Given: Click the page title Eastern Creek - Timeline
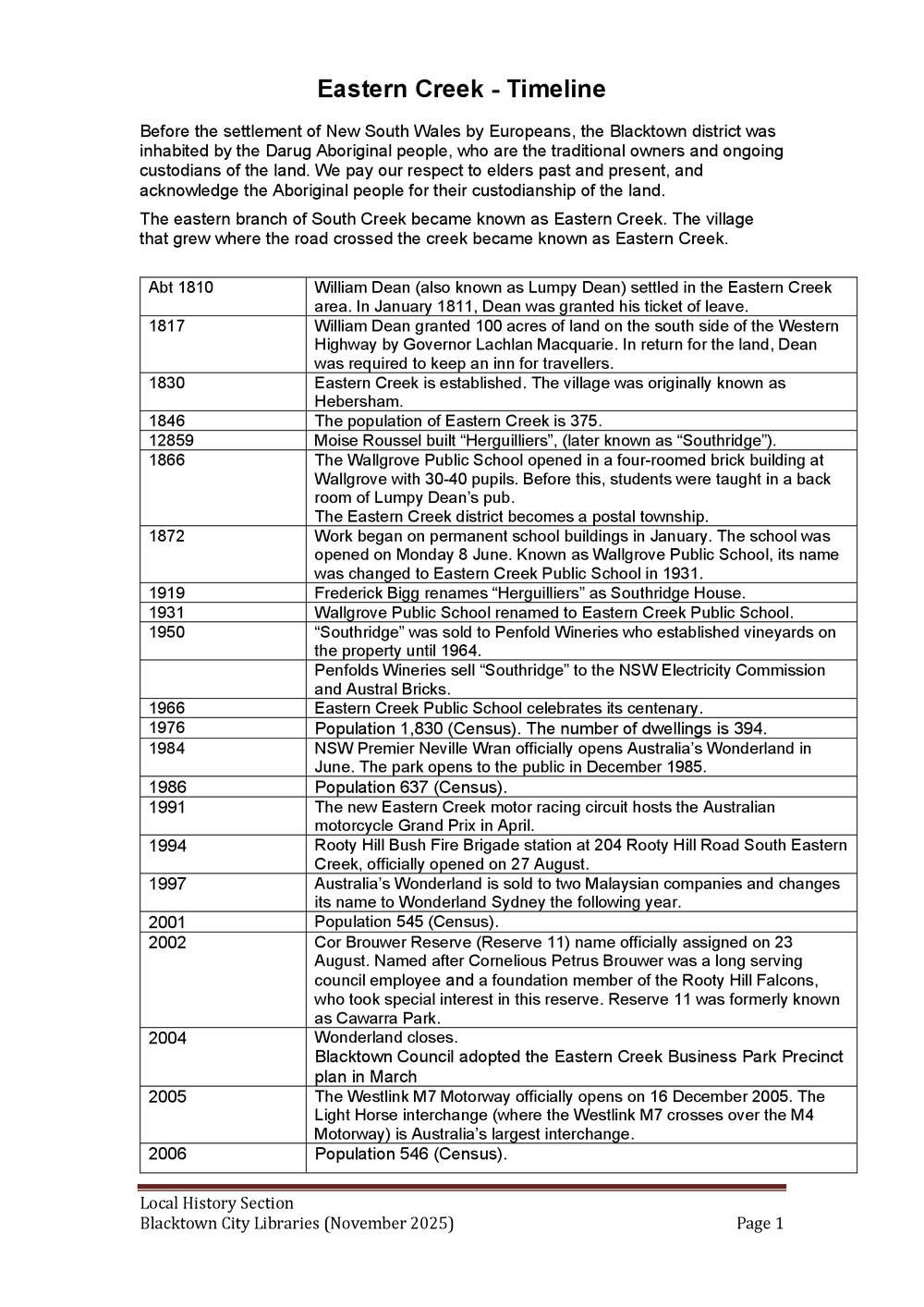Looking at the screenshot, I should tap(461, 89).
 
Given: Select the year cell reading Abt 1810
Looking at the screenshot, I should tap(180, 287).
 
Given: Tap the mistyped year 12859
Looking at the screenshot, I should tap(171, 440).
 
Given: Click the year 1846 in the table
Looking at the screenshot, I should tap(166, 421).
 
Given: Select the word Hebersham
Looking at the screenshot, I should tap(359, 401).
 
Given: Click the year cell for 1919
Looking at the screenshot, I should tap(166, 593).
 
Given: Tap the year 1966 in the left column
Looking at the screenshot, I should tap(166, 708).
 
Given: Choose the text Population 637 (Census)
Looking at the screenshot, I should tap(410, 788).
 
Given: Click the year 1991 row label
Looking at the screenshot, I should tap(166, 807).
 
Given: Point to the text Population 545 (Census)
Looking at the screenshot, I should tap(406, 922).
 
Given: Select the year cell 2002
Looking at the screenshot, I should tap(166, 943).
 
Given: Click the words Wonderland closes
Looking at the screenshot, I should tap(386, 1037).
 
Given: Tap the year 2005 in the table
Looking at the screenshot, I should tap(166, 1096).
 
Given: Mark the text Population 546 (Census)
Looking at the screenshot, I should tap(410, 1154).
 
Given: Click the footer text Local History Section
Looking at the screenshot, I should tap(216, 1203).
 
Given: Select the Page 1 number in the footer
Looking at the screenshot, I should tap(760, 1224).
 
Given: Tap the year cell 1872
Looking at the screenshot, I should tap(166, 536).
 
